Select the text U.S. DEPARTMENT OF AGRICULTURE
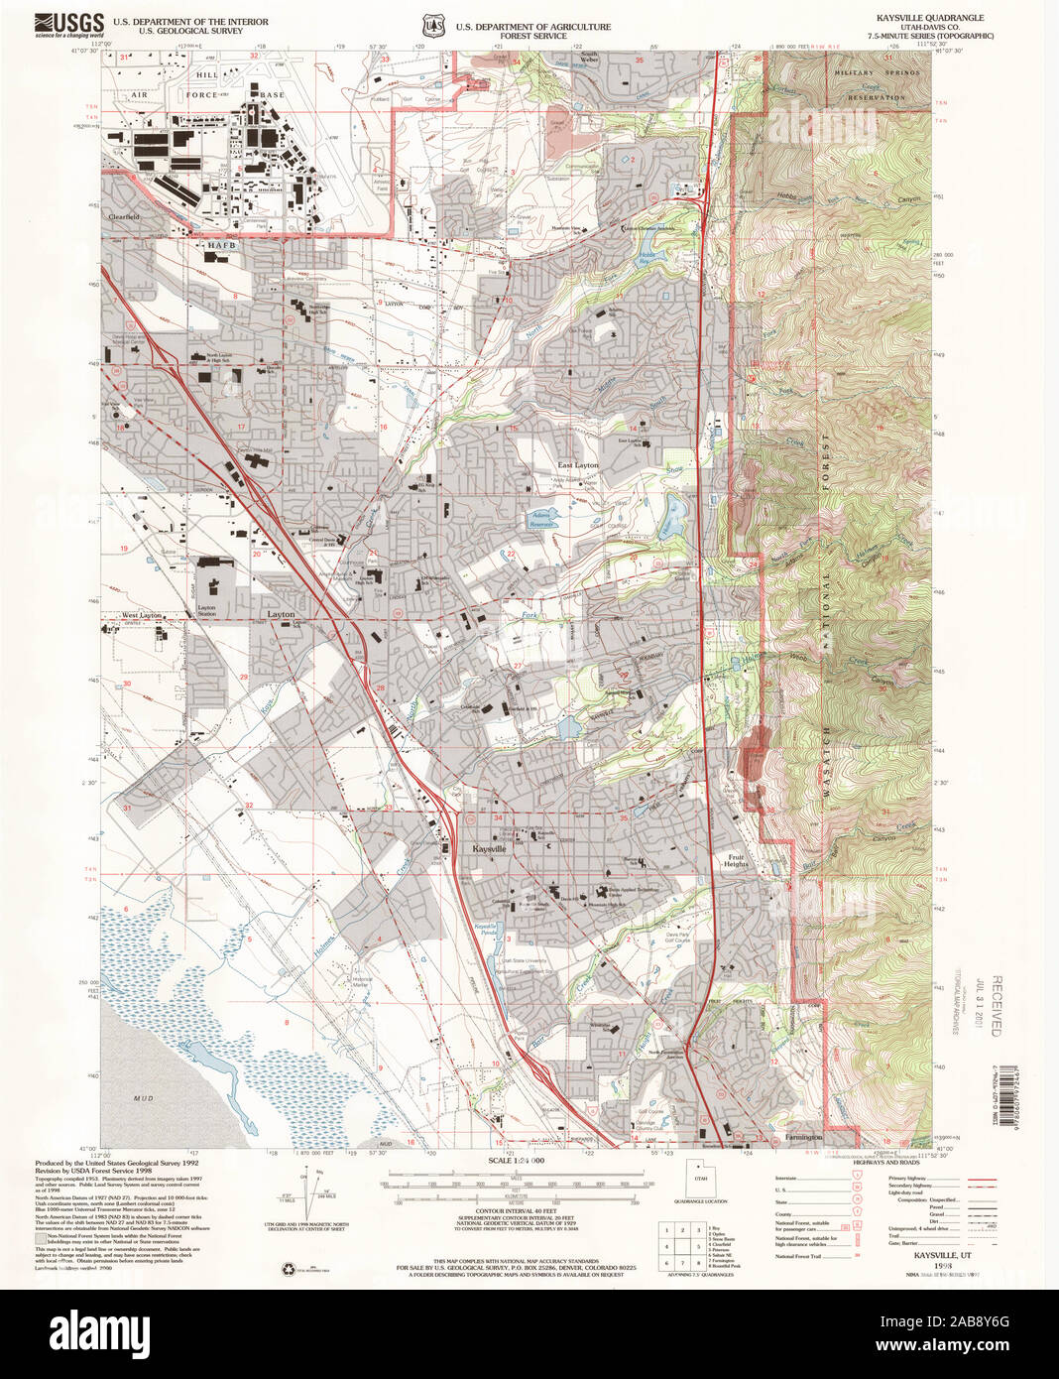(533, 27)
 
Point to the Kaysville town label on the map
(489, 849)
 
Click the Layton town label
(281, 615)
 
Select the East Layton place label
(578, 465)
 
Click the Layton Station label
(206, 611)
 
